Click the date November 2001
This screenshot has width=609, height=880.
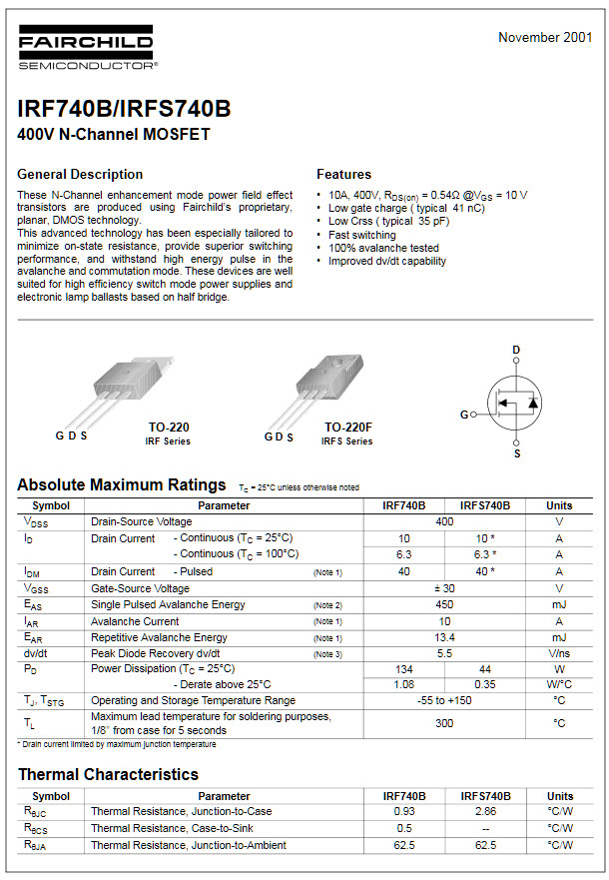pos(545,38)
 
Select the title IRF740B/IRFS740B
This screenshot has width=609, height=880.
pos(124,108)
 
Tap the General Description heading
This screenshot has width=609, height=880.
pos(80,174)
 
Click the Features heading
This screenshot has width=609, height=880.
pos(343,174)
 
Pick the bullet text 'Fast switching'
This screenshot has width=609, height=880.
pos(362,235)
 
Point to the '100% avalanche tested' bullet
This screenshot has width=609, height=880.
pos(383,248)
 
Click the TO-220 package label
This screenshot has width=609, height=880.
pos(169,428)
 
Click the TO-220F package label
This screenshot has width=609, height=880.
pos(347,428)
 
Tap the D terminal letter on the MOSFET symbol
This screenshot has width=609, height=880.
pos(516,350)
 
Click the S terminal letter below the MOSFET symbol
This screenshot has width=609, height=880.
pos(517,454)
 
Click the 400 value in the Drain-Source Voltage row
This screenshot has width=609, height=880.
pos(444,521)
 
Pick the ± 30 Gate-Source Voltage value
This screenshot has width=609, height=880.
pos(444,588)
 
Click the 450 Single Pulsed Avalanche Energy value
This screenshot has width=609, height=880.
pos(444,604)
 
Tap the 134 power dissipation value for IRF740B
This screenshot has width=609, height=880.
pos(404,668)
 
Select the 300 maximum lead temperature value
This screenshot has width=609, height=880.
pos(444,722)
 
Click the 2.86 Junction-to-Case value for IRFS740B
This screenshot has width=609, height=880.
pos(485,811)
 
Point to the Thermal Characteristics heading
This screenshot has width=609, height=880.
pos(108,774)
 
